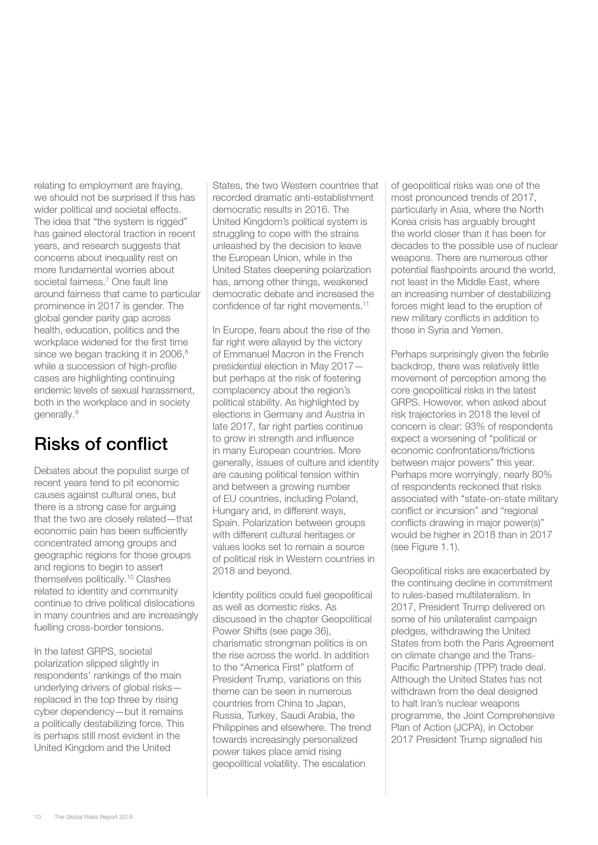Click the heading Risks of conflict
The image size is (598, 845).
101,444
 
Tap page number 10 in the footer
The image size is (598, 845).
38,817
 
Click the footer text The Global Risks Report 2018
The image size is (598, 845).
93,817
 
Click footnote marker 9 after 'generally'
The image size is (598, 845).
76,412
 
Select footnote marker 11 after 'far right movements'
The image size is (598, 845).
366,304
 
